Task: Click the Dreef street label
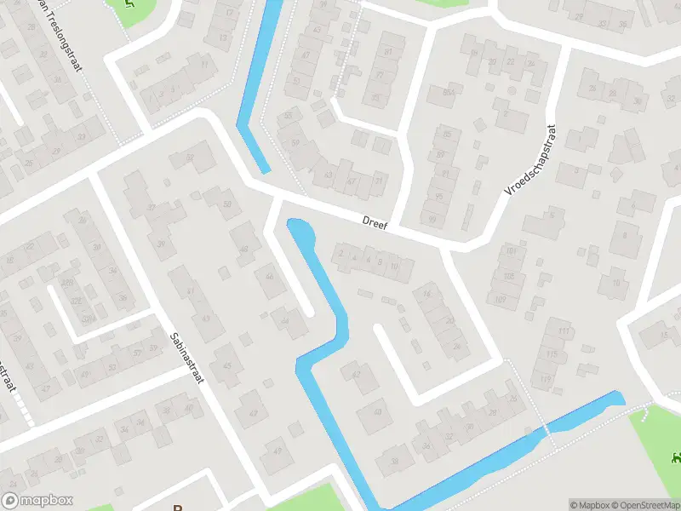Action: coord(375,224)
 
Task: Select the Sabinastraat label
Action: coord(186,357)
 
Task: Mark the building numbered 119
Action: coord(546,378)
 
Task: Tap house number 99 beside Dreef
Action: coord(432,221)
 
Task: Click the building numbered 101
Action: coord(511,251)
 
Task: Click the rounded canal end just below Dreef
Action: coord(299,230)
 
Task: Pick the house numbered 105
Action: coord(508,276)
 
